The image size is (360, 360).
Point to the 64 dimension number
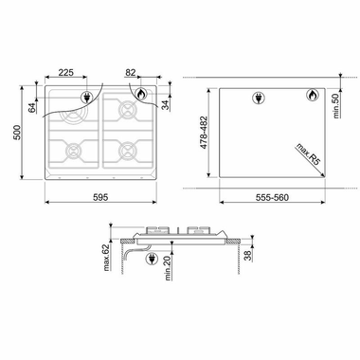pos(32,107)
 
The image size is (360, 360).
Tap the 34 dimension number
pos(167,103)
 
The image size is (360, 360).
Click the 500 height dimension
pos(13,135)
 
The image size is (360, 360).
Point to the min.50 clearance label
pos(338,100)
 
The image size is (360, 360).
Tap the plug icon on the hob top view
pos(88,97)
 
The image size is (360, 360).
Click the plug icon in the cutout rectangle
pos(259,96)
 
